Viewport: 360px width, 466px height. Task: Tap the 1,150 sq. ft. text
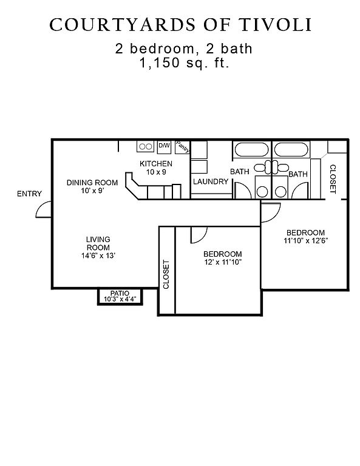[x=185, y=63]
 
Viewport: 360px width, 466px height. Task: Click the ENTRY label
[x=29, y=194]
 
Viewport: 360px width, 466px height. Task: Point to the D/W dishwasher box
[x=164, y=147]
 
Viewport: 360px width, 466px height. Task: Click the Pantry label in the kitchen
[x=182, y=147]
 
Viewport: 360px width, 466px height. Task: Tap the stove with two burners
[x=145, y=146]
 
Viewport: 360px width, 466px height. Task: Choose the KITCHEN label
[x=156, y=164]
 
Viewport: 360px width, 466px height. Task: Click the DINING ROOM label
[x=92, y=183]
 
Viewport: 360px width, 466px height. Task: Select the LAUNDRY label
[x=211, y=181]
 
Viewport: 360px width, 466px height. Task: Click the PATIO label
[x=120, y=293]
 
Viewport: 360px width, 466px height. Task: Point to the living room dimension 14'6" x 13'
[x=98, y=255]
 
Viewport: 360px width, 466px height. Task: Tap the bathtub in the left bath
[x=251, y=149]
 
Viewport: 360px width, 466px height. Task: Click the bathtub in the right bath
[x=291, y=149]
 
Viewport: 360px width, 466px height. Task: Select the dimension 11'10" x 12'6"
[x=305, y=241]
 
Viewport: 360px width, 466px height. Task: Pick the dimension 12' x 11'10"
[x=222, y=262]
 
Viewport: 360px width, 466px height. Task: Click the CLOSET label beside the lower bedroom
[x=166, y=274]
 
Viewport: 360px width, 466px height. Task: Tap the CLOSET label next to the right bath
[x=333, y=179]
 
